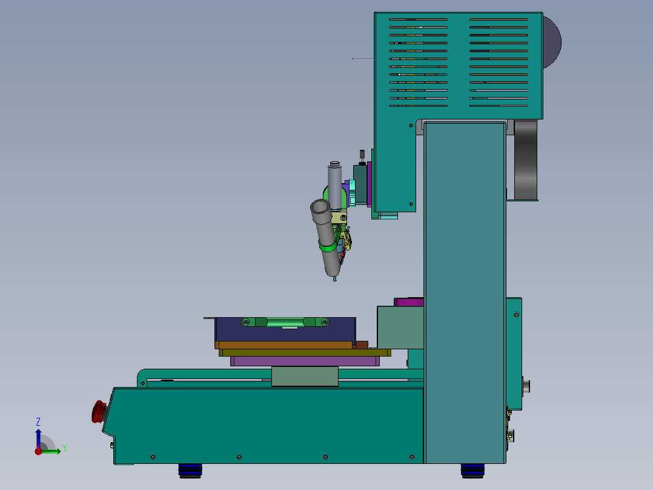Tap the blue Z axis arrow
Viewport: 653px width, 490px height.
tap(38, 438)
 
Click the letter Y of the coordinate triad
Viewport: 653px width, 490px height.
tap(65, 448)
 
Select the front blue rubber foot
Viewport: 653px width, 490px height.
tap(190, 471)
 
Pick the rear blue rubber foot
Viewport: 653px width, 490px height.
tap(472, 471)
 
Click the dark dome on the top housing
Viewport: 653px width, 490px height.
tap(552, 42)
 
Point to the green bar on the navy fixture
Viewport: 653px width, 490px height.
tap(285, 322)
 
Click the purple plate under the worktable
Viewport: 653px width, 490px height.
tap(305, 361)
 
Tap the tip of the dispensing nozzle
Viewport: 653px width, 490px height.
tap(334, 280)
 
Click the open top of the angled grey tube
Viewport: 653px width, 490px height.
tap(320, 206)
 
